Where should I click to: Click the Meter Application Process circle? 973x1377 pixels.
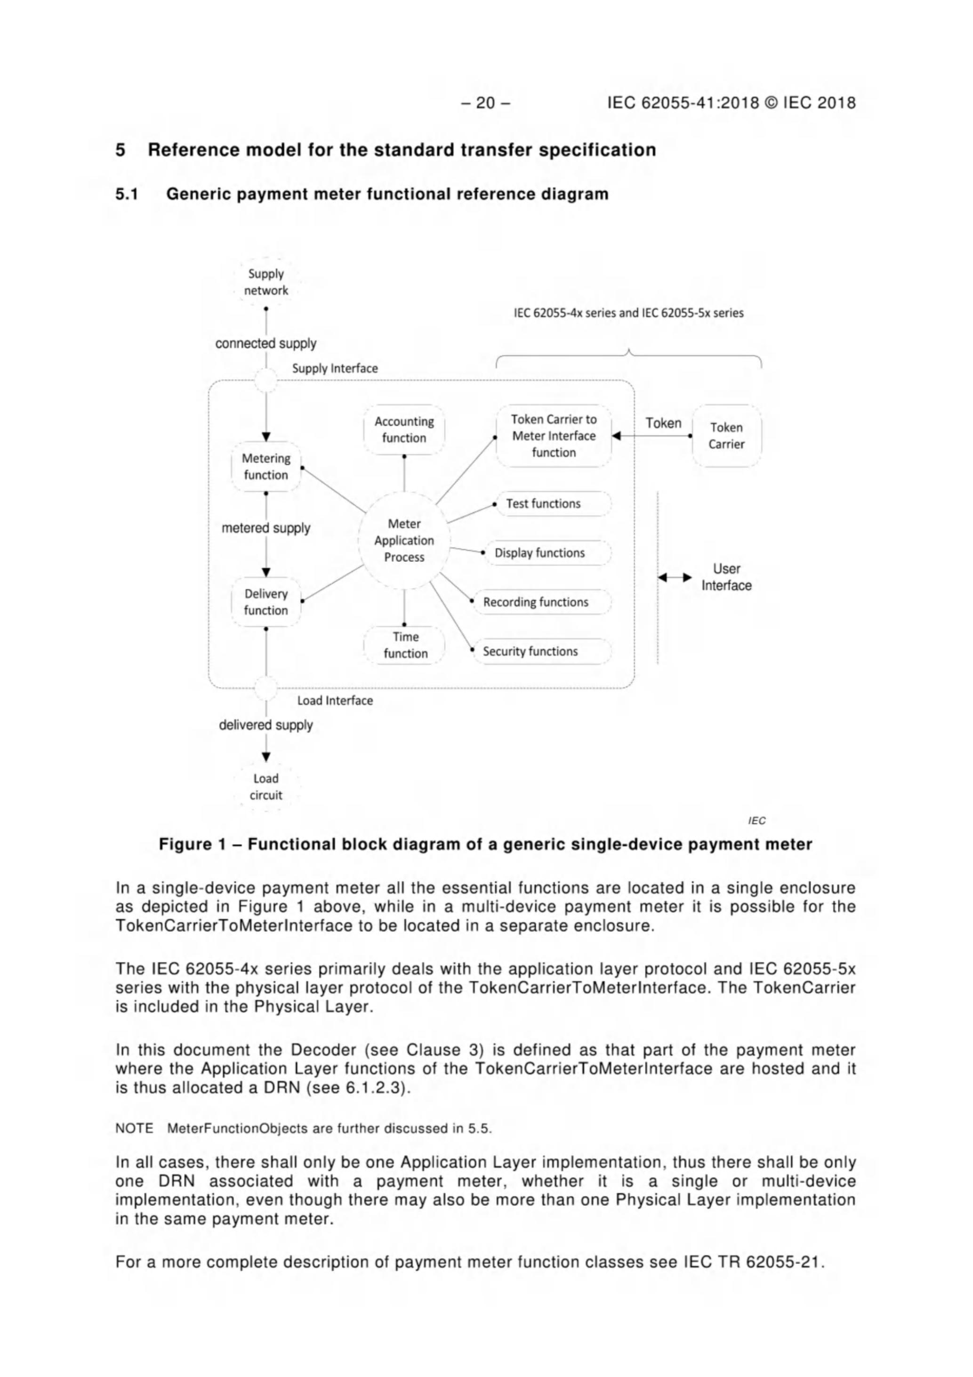tap(403, 540)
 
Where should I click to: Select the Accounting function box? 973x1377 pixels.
tap(403, 429)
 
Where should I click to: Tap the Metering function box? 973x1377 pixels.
tap(265, 467)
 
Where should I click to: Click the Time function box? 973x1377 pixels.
tap(405, 645)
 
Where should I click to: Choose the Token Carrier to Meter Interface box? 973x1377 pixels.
tap(554, 436)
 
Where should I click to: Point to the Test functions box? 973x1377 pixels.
tap(552, 504)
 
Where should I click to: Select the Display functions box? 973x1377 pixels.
tap(547, 553)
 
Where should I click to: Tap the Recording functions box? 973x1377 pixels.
tap(541, 602)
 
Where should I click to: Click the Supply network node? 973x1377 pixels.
tap(265, 282)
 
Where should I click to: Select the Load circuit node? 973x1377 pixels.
tap(265, 786)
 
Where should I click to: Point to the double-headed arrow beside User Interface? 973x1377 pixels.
tap(675, 577)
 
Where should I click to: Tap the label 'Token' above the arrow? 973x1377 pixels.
tap(663, 423)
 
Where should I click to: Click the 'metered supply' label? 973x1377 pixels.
tap(265, 528)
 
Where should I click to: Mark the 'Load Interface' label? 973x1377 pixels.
tap(335, 700)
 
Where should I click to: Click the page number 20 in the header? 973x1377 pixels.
tap(486, 103)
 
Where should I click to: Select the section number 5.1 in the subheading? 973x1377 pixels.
tap(127, 194)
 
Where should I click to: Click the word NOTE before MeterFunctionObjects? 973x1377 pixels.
tap(134, 1129)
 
